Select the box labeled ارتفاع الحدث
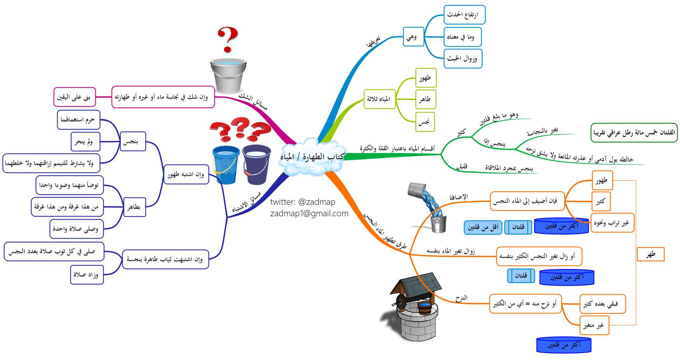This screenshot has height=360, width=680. click(464, 15)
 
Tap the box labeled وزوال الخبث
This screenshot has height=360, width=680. click(463, 59)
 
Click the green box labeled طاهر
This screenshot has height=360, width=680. click(426, 99)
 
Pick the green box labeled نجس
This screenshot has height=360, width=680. click(425, 122)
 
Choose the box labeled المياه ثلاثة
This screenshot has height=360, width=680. click(379, 99)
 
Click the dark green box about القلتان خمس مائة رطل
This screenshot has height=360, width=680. click(634, 133)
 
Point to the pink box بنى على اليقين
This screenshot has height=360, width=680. click(74, 97)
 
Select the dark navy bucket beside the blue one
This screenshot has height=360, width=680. click(256, 165)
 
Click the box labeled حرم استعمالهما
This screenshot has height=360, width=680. click(78, 120)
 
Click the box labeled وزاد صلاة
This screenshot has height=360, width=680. click(87, 275)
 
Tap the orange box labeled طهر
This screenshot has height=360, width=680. click(651, 254)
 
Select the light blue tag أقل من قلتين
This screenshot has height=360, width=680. click(483, 227)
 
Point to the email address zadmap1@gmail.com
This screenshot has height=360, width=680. click(309, 214)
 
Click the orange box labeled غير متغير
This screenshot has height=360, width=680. click(594, 326)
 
